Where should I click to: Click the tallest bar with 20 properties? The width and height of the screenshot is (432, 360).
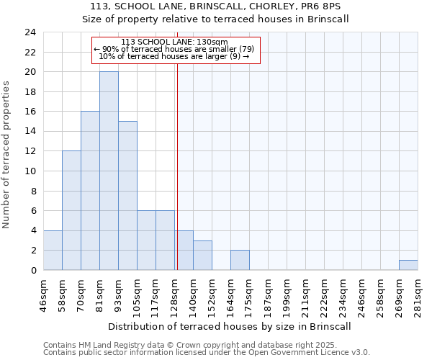tap(109, 171)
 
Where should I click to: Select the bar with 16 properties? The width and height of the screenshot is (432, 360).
tap(90, 191)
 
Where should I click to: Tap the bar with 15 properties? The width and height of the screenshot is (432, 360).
tap(127, 195)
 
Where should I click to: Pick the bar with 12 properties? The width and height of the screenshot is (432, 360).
tap(71, 210)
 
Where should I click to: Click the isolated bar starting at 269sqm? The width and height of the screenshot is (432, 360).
tap(408, 265)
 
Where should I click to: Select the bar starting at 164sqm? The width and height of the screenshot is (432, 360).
tap(240, 260)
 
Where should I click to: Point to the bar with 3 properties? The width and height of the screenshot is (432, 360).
tap(202, 256)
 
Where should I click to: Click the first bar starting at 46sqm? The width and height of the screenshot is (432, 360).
tap(53, 250)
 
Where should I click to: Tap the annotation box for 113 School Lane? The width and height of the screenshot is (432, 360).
tap(174, 49)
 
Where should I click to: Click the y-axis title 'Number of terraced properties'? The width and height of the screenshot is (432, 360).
tap(6, 155)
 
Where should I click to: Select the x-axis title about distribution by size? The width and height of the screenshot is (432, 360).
tap(230, 326)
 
